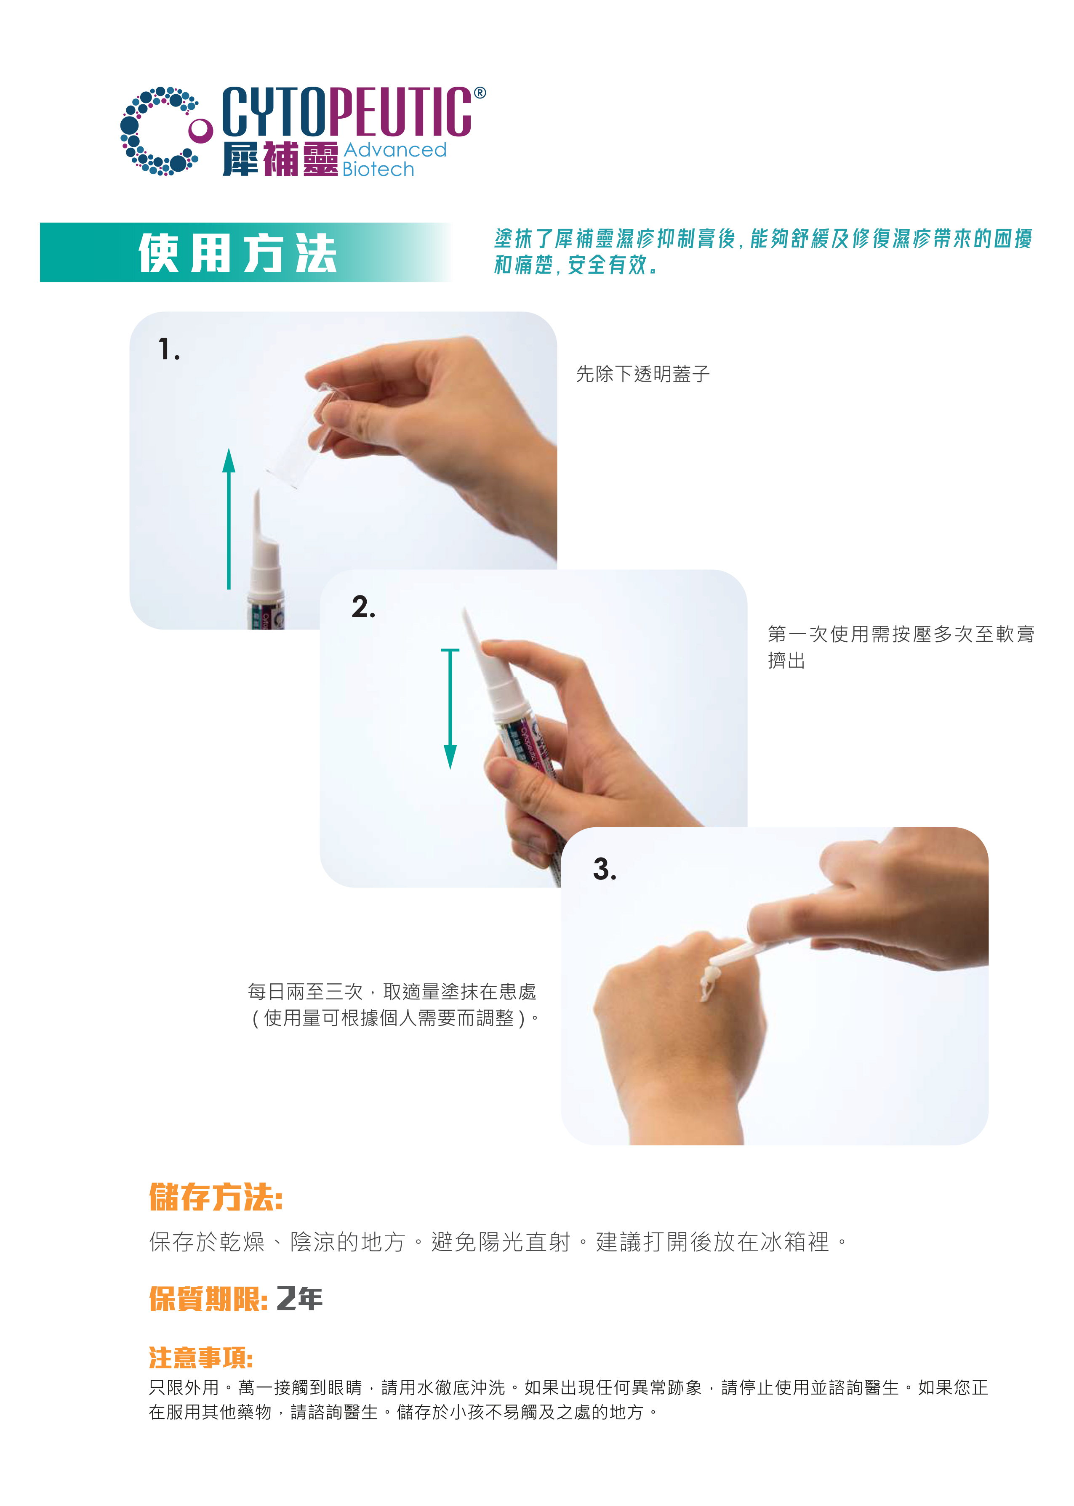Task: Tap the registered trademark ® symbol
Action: pyautogui.click(x=480, y=93)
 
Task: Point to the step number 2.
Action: pyautogui.click(x=363, y=607)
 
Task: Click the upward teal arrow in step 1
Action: pyautogui.click(x=229, y=519)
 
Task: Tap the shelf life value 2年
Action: pyautogui.click(x=299, y=1299)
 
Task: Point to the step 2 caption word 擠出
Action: pyautogui.click(x=786, y=661)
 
